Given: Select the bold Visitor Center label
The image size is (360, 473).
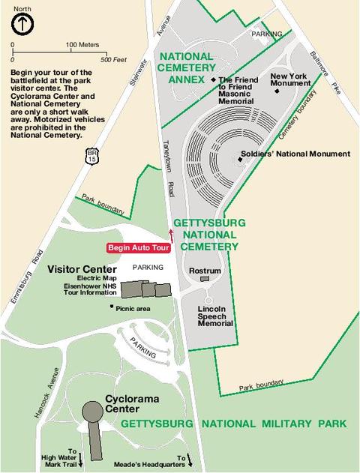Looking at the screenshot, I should point(82,269).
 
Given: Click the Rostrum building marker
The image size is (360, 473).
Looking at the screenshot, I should point(205,279).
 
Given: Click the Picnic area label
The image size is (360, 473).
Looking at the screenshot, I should point(133,307).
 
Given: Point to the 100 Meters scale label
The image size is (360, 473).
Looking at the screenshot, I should point(82,45).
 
